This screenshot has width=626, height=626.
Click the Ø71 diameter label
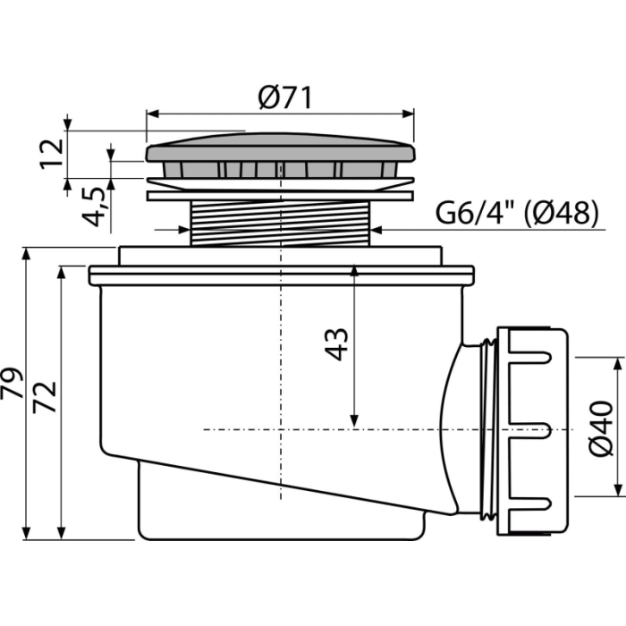click(284, 97)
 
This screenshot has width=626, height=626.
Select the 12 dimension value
click(52, 154)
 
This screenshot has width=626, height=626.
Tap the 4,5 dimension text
click(94, 207)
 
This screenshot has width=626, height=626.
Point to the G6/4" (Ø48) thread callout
click(518, 213)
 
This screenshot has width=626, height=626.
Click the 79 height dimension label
click(13, 383)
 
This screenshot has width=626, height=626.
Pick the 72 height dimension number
click(45, 397)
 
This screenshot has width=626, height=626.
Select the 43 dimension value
click(336, 344)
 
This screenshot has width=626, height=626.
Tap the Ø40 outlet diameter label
click(601, 428)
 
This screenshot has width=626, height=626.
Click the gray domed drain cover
click(281, 148)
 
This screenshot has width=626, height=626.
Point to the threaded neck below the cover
click(281, 223)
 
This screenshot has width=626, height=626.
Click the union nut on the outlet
click(532, 431)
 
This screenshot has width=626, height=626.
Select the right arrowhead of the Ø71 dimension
click(408, 114)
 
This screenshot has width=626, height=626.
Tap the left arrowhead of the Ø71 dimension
click(153, 114)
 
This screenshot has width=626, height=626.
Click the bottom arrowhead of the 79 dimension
click(26, 533)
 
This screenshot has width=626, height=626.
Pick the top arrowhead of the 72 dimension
click(61, 273)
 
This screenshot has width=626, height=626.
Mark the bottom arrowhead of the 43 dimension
click(354, 421)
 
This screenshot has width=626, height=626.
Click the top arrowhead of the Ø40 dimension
click(619, 364)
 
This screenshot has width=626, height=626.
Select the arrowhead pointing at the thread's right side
click(377, 230)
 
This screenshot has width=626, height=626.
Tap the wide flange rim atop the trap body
click(282, 275)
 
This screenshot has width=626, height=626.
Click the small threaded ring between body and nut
click(488, 429)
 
